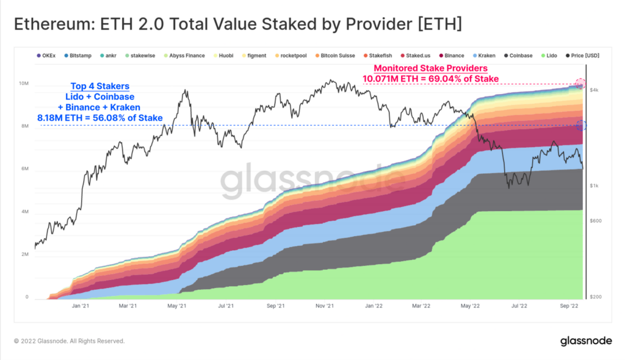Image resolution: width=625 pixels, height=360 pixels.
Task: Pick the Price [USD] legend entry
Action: pyautogui.click(x=583, y=56)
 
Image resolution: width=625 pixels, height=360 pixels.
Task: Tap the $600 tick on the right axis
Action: pyautogui.click(x=595, y=221)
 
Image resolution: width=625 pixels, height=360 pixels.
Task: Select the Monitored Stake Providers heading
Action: pyautogui.click(x=430, y=68)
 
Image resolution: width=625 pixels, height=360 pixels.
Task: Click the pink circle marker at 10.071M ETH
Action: pyautogui.click(x=580, y=84)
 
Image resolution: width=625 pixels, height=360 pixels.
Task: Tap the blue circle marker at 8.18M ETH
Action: pyautogui.click(x=580, y=126)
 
